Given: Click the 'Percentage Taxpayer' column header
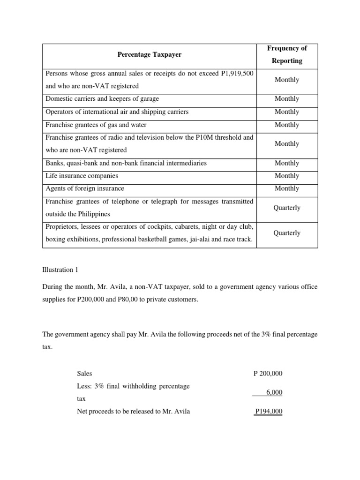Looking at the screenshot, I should pyautogui.click(x=149, y=55).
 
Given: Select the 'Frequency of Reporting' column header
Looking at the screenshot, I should pyautogui.click(x=287, y=54).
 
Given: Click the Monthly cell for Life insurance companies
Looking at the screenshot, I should pyautogui.click(x=287, y=176).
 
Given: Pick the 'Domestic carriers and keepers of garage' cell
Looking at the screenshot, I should pyautogui.click(x=102, y=99).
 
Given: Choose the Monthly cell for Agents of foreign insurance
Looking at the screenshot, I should pyautogui.click(x=287, y=188).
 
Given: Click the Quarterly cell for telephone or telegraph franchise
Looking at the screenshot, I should pyautogui.click(x=287, y=208).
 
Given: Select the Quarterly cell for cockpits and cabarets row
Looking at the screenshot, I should pyautogui.click(x=287, y=233).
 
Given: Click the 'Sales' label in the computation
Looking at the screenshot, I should pyautogui.click(x=84, y=374).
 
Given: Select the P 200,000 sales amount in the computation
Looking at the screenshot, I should pyautogui.click(x=268, y=374).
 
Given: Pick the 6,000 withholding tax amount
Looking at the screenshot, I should pyautogui.click(x=274, y=392).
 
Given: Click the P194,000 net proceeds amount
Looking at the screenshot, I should pyautogui.click(x=269, y=412).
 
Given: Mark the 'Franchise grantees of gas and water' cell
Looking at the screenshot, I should pyautogui.click(x=96, y=125).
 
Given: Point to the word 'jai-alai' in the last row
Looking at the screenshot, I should pyautogui.click(x=187, y=240).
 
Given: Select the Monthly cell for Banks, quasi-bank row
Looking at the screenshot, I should pyautogui.click(x=287, y=163).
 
